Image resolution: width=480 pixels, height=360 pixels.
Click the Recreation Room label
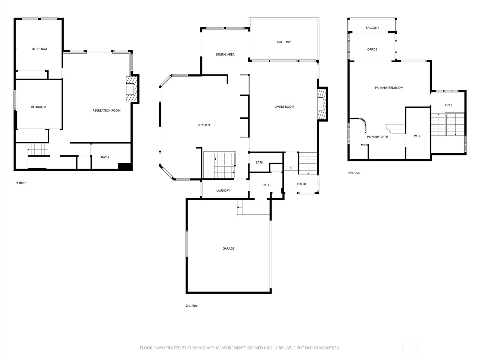pos(106,110)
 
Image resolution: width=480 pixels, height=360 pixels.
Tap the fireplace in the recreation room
pos(131,89)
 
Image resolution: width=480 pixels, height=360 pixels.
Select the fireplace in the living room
pos(322,104)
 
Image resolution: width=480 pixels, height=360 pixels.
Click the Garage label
pos(228,248)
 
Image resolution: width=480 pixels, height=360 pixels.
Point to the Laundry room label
pos(223,190)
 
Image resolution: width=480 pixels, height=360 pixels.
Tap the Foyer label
pos(301,184)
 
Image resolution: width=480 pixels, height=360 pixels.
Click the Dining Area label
pos(225,55)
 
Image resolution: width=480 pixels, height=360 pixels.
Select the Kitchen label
pos(203,125)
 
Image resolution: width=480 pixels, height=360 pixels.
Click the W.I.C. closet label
pos(418,136)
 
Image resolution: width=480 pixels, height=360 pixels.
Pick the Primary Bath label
pos(377,137)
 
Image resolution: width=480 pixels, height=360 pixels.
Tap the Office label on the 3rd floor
pos(372,49)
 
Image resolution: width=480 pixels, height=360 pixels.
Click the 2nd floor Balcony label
pos(284,42)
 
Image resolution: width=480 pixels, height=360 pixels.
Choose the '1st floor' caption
pos(20,183)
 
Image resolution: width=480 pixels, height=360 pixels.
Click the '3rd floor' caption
pos(354,173)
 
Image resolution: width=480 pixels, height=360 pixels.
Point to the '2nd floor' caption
pos(192,306)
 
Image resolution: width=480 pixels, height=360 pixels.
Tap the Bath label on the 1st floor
pos(105,157)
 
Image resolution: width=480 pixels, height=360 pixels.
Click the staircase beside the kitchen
pos(219,166)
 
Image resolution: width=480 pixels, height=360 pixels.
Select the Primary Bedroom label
pos(389,88)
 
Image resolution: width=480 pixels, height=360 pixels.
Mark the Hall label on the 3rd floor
pos(448,105)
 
